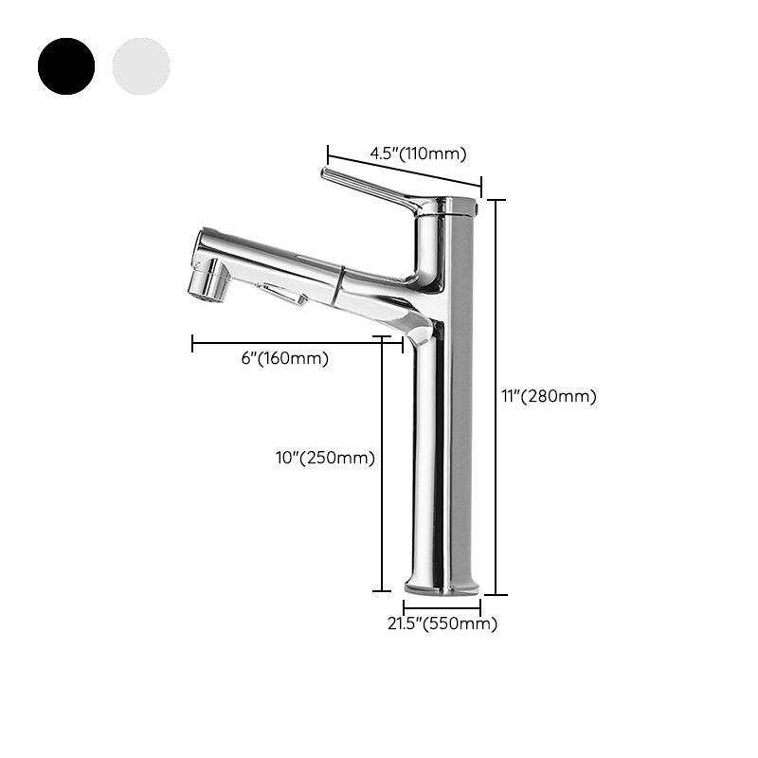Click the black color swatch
66,65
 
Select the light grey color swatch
141,65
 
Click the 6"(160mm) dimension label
285,358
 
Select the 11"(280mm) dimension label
550,397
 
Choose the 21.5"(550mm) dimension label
442,623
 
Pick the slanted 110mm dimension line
405,167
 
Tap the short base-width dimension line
442,606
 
